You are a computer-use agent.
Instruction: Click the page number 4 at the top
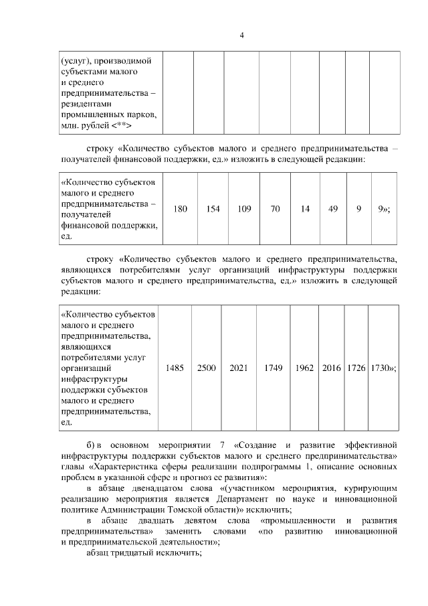coord(241,35)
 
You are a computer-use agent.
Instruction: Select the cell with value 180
coord(180,209)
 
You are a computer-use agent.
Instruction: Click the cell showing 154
coord(213,209)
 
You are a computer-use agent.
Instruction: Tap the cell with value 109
coord(244,209)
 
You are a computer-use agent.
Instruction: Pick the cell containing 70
coord(275,209)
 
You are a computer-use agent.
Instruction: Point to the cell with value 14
coord(305,209)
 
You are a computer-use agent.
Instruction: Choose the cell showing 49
coord(333,209)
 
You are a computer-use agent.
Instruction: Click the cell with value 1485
coord(176,368)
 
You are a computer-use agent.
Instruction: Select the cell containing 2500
coord(207,368)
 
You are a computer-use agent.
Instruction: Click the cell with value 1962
coord(304,368)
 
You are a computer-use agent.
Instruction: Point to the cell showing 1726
coord(355,368)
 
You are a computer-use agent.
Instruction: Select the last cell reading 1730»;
coord(383,368)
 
